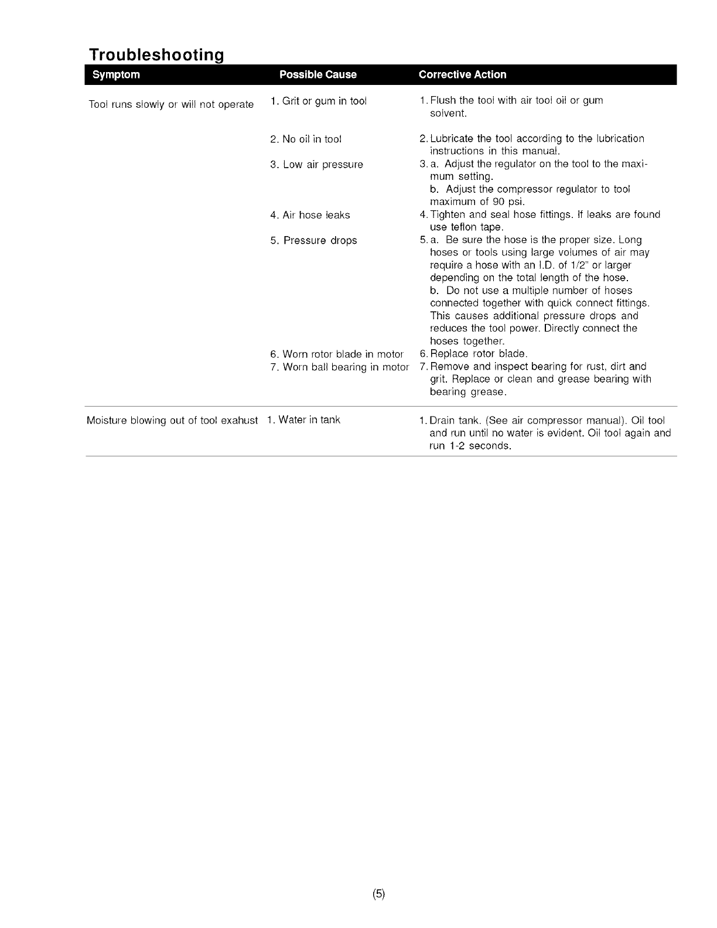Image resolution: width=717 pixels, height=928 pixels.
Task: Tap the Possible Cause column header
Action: pyautogui.click(x=318, y=74)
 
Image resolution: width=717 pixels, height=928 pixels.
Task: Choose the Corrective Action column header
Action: pyautogui.click(x=463, y=74)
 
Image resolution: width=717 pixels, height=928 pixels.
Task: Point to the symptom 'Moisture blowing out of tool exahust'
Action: pyautogui.click(x=172, y=420)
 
